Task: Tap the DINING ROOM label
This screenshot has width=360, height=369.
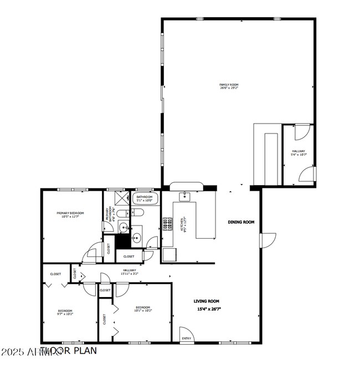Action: click(x=241, y=222)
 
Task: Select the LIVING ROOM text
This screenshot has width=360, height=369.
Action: click(x=206, y=301)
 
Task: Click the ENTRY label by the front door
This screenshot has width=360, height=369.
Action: click(x=186, y=337)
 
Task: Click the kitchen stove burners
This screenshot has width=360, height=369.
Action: click(x=166, y=224)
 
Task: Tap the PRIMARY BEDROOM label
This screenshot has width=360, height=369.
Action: click(x=70, y=213)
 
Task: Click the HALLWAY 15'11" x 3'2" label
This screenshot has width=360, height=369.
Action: click(x=130, y=270)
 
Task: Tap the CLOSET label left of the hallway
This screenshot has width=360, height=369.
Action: click(x=55, y=274)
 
